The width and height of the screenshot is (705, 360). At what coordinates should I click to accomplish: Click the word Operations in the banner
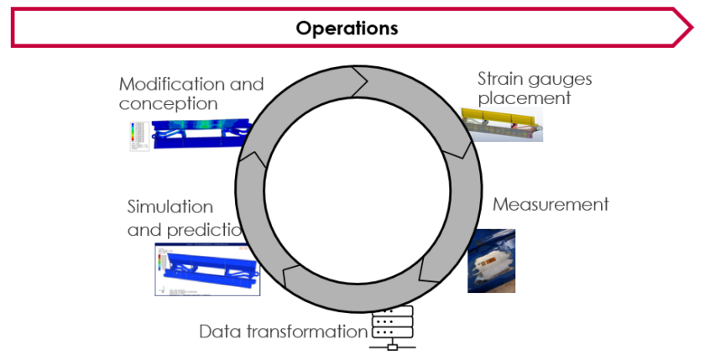pyautogui.click(x=347, y=28)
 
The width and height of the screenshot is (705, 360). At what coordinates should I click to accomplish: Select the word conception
pyautogui.click(x=168, y=104)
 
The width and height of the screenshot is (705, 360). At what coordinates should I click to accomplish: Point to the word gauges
pyautogui.click(x=561, y=80)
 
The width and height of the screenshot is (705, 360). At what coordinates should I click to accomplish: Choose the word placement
pyautogui.click(x=524, y=98)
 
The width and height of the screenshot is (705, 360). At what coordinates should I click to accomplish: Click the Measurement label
pyautogui.click(x=550, y=205)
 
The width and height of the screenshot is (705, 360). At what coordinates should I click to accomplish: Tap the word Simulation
pyautogui.click(x=170, y=206)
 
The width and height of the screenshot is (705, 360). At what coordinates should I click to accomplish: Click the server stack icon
pyautogui.click(x=392, y=330)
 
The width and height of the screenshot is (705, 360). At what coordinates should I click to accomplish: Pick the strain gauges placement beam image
pyautogui.click(x=502, y=124)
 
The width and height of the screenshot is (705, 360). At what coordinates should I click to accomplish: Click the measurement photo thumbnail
pyautogui.click(x=491, y=261)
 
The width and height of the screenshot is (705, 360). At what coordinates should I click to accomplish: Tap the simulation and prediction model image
pyautogui.click(x=207, y=269)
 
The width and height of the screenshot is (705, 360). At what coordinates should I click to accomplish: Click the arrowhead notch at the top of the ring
pyautogui.click(x=361, y=81)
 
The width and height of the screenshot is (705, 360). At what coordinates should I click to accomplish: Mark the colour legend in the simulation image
pyautogui.click(x=161, y=264)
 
